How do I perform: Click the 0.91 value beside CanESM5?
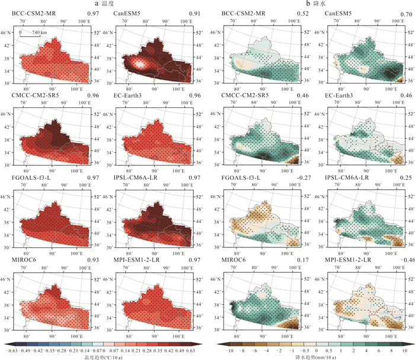[190, 13]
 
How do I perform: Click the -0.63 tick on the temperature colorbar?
[9, 351]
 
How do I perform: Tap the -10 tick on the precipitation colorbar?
[226, 351]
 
